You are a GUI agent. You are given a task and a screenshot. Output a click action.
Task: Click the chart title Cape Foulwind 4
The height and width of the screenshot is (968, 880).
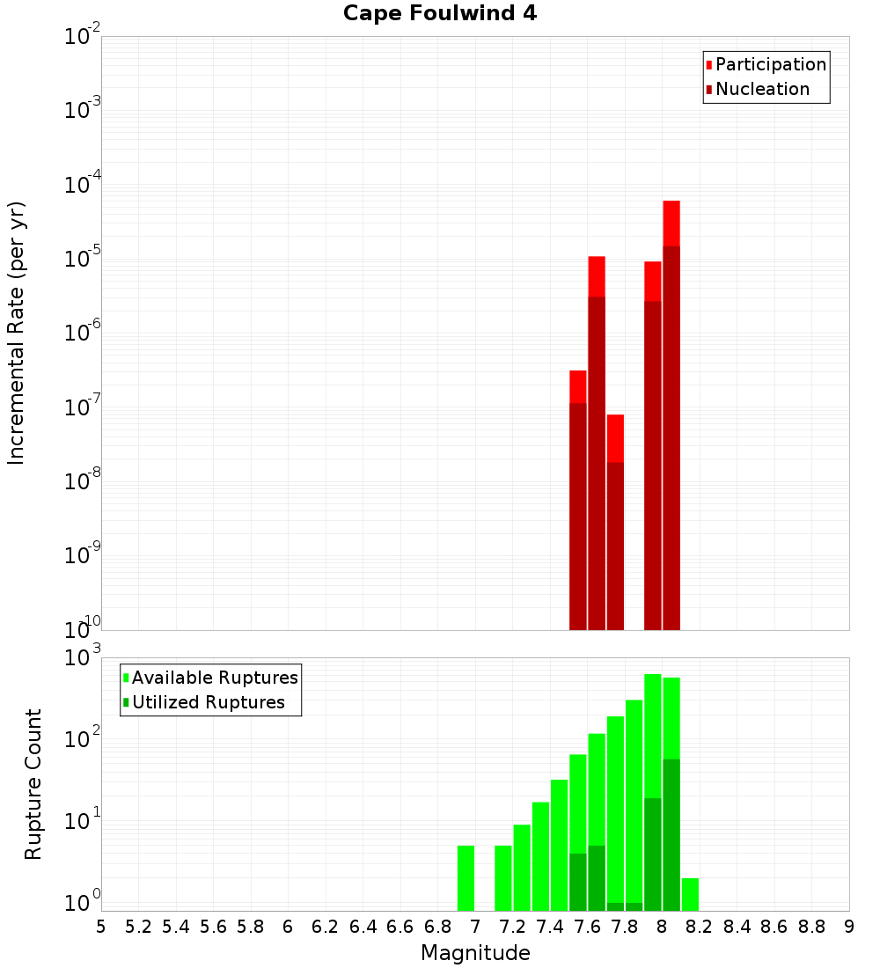coord(440,13)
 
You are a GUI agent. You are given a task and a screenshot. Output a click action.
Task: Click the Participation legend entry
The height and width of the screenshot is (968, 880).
coord(770,64)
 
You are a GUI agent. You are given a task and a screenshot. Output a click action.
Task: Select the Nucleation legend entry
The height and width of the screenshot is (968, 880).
coord(761,89)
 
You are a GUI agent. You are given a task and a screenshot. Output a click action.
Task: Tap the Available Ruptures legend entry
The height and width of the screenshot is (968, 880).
coord(214,678)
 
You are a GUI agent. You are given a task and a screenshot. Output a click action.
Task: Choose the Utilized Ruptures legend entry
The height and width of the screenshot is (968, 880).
coord(208,702)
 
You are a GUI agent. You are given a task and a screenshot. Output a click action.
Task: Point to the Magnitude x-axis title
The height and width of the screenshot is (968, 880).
coord(475,953)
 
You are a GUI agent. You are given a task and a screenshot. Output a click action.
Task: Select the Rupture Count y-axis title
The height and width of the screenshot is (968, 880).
coord(33,784)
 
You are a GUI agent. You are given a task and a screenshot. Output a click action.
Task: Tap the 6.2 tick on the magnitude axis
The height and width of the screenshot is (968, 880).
coord(326,927)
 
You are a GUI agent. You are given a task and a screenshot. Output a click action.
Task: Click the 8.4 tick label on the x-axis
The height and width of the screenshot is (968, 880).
coord(737,927)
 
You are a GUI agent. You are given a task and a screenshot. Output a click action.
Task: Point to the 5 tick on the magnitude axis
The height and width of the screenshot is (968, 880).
coord(101,927)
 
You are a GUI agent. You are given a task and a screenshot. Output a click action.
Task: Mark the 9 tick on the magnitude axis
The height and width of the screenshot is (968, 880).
coord(849,927)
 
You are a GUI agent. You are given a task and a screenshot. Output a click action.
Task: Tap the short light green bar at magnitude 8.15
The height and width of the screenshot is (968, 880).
coord(690,894)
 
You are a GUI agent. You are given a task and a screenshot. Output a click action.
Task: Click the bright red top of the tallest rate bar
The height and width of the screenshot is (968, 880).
coord(671,223)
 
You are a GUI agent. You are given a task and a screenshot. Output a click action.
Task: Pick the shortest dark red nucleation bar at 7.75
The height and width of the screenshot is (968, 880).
coord(615,546)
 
